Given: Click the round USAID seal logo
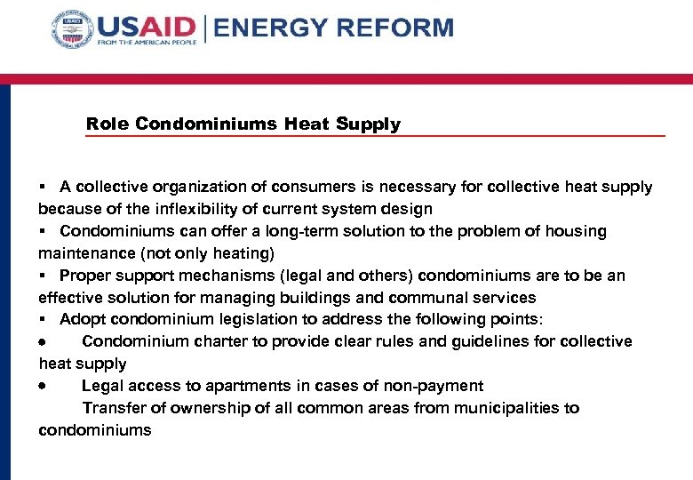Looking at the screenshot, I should [72, 30].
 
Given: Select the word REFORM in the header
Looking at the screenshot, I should [398, 28].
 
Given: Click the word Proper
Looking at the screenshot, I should [85, 276].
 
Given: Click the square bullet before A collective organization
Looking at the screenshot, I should [42, 188].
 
